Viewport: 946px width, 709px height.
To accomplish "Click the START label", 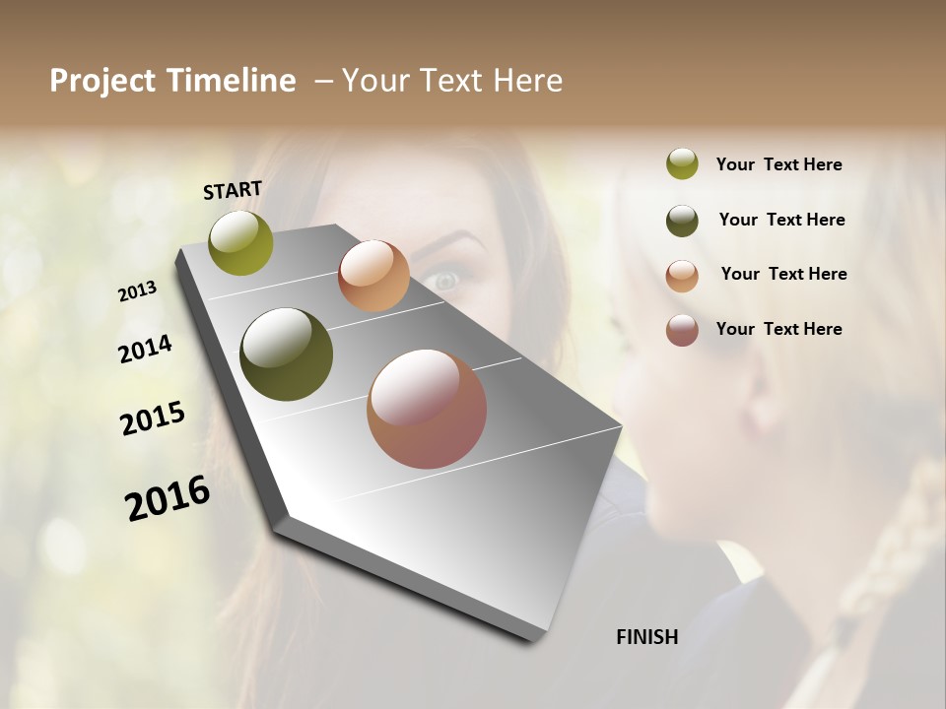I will [x=233, y=190].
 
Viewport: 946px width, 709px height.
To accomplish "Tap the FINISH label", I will [x=646, y=637].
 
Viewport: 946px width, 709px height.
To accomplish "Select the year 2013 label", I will [x=138, y=291].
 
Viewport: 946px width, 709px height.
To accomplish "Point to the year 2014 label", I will [x=145, y=349].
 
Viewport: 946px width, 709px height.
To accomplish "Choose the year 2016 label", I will [x=168, y=498].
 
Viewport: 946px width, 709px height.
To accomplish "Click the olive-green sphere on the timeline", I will [x=240, y=243].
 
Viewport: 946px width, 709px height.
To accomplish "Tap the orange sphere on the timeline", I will [x=373, y=276].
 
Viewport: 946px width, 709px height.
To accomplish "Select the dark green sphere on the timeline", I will [x=287, y=354].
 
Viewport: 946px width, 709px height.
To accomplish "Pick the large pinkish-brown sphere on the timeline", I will [x=427, y=409].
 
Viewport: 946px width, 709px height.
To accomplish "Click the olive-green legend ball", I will [x=682, y=164].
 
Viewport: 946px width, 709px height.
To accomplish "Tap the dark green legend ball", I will [x=682, y=221].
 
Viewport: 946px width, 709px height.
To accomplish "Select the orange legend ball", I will [x=682, y=276].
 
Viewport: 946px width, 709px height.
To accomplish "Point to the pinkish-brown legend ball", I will [x=682, y=330].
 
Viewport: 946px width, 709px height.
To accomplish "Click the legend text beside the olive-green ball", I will [x=778, y=164].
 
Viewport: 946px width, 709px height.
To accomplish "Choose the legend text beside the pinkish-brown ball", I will [x=778, y=329].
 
